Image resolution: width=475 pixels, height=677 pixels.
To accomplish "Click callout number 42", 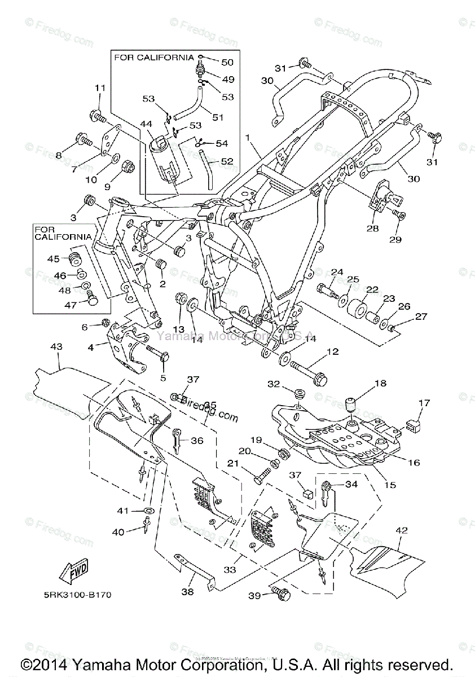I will point(402,530).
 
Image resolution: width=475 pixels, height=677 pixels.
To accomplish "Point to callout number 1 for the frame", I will point(247,137).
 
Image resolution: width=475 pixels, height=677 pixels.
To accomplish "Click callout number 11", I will point(100,89).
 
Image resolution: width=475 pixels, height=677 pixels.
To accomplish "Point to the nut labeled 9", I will point(127,168).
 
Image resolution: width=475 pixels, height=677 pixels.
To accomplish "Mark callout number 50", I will point(226,62).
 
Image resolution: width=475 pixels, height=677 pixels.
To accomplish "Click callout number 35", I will point(210,405).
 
